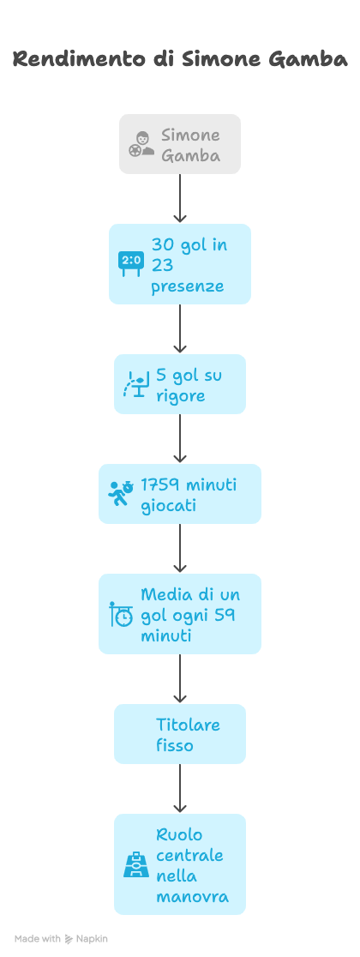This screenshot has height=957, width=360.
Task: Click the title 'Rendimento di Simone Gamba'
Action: [x=180, y=59]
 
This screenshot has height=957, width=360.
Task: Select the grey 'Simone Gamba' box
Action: [x=180, y=144]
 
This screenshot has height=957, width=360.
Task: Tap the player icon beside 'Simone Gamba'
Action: [x=141, y=144]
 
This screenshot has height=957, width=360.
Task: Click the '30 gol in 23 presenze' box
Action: [x=180, y=263]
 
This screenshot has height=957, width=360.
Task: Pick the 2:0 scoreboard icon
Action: [x=130, y=263]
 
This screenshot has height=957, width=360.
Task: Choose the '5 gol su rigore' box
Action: [x=180, y=384]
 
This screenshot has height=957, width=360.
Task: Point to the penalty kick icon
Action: [x=136, y=384]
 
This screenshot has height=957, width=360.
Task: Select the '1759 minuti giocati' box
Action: [x=180, y=494]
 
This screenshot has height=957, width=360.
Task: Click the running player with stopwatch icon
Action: [x=121, y=494]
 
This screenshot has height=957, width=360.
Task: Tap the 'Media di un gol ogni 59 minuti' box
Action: [x=180, y=614]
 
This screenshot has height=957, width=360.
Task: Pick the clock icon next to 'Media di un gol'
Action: [x=121, y=614]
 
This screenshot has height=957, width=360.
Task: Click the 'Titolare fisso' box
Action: [x=180, y=734]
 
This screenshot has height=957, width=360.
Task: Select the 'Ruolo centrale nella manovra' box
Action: [x=180, y=864]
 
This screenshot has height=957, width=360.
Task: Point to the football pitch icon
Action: [x=136, y=864]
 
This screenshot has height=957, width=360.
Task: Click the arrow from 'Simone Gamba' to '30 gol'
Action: [x=179, y=199]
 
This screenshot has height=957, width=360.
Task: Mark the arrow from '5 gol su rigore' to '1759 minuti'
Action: [x=179, y=439]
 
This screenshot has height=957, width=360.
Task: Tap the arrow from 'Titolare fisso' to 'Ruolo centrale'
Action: [x=179, y=789]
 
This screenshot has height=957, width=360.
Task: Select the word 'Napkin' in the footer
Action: [x=92, y=939]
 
